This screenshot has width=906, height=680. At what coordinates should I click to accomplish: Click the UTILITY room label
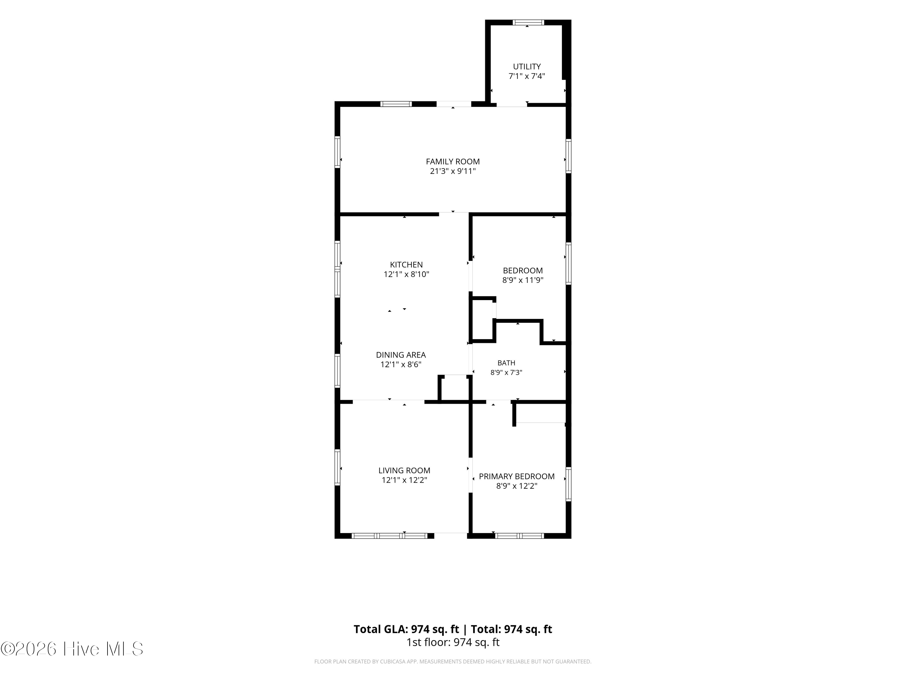(x=527, y=66)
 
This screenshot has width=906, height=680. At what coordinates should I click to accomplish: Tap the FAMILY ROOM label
(x=453, y=161)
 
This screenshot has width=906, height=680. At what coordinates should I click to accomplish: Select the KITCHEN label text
(x=406, y=265)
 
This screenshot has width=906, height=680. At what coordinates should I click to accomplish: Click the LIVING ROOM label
(x=404, y=471)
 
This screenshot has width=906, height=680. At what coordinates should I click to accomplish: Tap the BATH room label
(x=506, y=363)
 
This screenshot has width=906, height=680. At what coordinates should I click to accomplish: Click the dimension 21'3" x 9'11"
(x=453, y=171)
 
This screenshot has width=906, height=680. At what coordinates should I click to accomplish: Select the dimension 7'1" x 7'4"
(x=527, y=76)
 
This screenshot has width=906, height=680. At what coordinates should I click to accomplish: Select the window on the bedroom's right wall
(x=568, y=264)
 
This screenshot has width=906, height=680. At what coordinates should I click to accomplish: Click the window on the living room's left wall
(x=338, y=467)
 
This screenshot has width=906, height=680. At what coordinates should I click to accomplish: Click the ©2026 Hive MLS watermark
(x=72, y=649)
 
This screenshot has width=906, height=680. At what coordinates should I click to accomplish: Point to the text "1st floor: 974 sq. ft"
(x=453, y=642)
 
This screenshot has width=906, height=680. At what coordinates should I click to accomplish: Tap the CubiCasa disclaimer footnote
(x=453, y=661)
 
